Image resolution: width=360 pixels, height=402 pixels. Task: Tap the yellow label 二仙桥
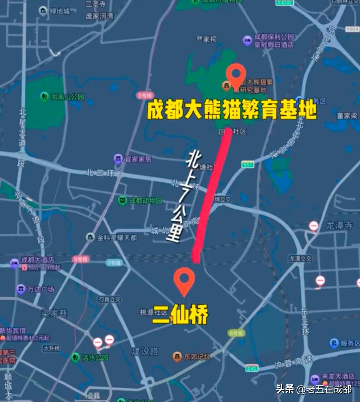180,315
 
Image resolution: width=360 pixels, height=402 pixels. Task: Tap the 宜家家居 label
138,159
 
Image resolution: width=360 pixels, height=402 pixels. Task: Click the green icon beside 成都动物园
122,201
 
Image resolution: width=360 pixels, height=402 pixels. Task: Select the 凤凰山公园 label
68,97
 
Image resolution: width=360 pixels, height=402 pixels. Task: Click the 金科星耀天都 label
117,238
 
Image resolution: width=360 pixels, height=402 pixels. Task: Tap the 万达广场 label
41,289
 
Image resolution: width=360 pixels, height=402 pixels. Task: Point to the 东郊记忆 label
197,356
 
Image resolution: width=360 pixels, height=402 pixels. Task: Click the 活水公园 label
95,357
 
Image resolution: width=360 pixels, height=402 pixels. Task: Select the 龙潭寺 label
339,225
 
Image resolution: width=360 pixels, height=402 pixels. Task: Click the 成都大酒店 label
37,260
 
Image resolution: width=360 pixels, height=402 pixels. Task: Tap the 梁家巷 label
54,313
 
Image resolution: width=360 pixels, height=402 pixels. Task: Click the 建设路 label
145,351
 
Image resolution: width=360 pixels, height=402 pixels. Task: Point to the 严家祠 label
206,39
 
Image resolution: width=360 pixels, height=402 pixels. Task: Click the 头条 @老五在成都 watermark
314,389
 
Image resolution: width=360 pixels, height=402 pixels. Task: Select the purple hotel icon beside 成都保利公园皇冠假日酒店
247,41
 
